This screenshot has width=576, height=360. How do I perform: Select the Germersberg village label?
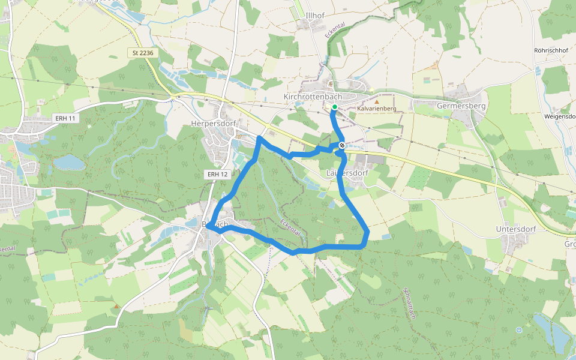tap(461, 106)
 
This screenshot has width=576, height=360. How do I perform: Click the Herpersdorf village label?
tap(214, 124)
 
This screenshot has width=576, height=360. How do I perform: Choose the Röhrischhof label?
tap(550, 50)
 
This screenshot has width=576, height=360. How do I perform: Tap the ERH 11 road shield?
tap(64, 118)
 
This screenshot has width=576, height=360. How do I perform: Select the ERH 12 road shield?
tap(217, 174)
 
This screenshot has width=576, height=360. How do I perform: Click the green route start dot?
tap(334, 107)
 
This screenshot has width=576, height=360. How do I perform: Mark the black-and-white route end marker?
tap(341, 145)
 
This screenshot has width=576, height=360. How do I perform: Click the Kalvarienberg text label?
tap(377, 109)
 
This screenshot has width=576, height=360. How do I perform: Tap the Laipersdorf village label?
tap(347, 173)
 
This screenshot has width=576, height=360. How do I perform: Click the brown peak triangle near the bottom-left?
tap(116, 306)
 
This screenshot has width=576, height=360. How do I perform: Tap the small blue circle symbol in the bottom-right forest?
tap(519, 329)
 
